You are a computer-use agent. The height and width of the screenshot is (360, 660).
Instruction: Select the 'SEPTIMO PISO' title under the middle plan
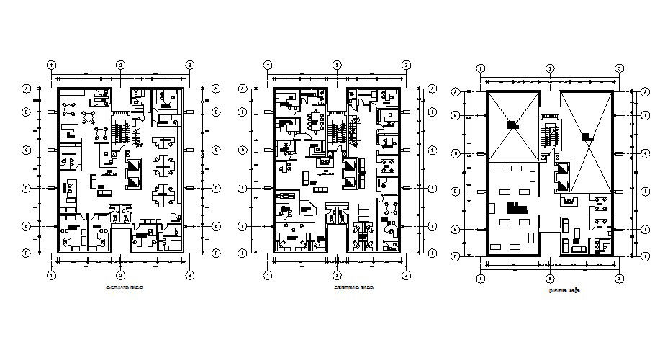coord(336,287)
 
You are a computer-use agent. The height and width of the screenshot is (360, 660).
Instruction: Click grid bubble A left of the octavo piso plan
coord(27,89)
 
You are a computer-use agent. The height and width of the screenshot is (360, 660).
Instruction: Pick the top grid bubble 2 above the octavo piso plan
coord(121,65)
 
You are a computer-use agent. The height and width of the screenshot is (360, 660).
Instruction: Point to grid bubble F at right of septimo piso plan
coord(431,253)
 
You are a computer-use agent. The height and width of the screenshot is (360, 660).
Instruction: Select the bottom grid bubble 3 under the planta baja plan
coord(618,278)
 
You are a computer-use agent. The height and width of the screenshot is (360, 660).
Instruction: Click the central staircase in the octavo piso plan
coord(120,133)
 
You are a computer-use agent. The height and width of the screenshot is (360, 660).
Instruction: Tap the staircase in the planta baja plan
coord(551,135)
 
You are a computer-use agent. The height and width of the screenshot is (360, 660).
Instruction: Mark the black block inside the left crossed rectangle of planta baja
coord(512,125)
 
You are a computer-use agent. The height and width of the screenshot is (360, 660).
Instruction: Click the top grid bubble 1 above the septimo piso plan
coord(268,65)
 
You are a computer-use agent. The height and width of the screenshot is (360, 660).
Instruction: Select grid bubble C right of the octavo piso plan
coord(216,150)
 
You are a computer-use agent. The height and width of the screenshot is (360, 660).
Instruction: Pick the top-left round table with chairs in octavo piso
coord(70,107)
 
